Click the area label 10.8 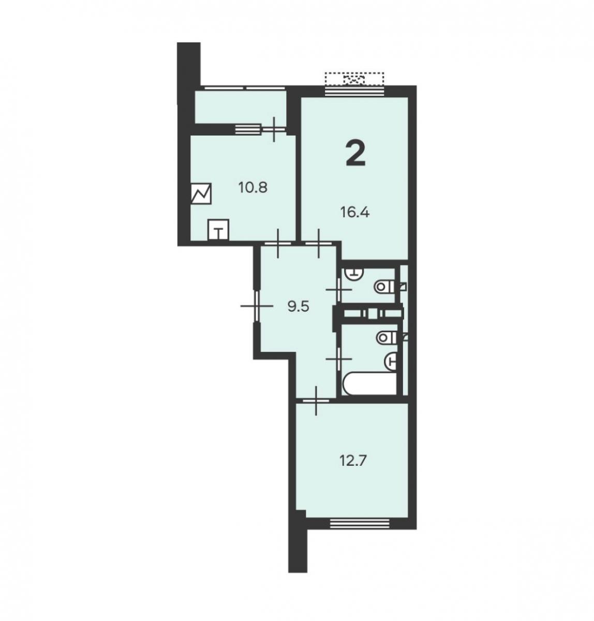point(253,188)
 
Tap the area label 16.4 point(355,212)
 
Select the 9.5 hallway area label point(298,307)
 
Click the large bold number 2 point(355,154)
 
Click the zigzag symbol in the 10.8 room point(201,194)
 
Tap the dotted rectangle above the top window point(354,79)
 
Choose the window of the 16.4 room point(354,91)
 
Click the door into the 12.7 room point(316,400)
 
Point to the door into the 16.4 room point(319,243)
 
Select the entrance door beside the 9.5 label point(257,306)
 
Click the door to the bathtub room point(339,359)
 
